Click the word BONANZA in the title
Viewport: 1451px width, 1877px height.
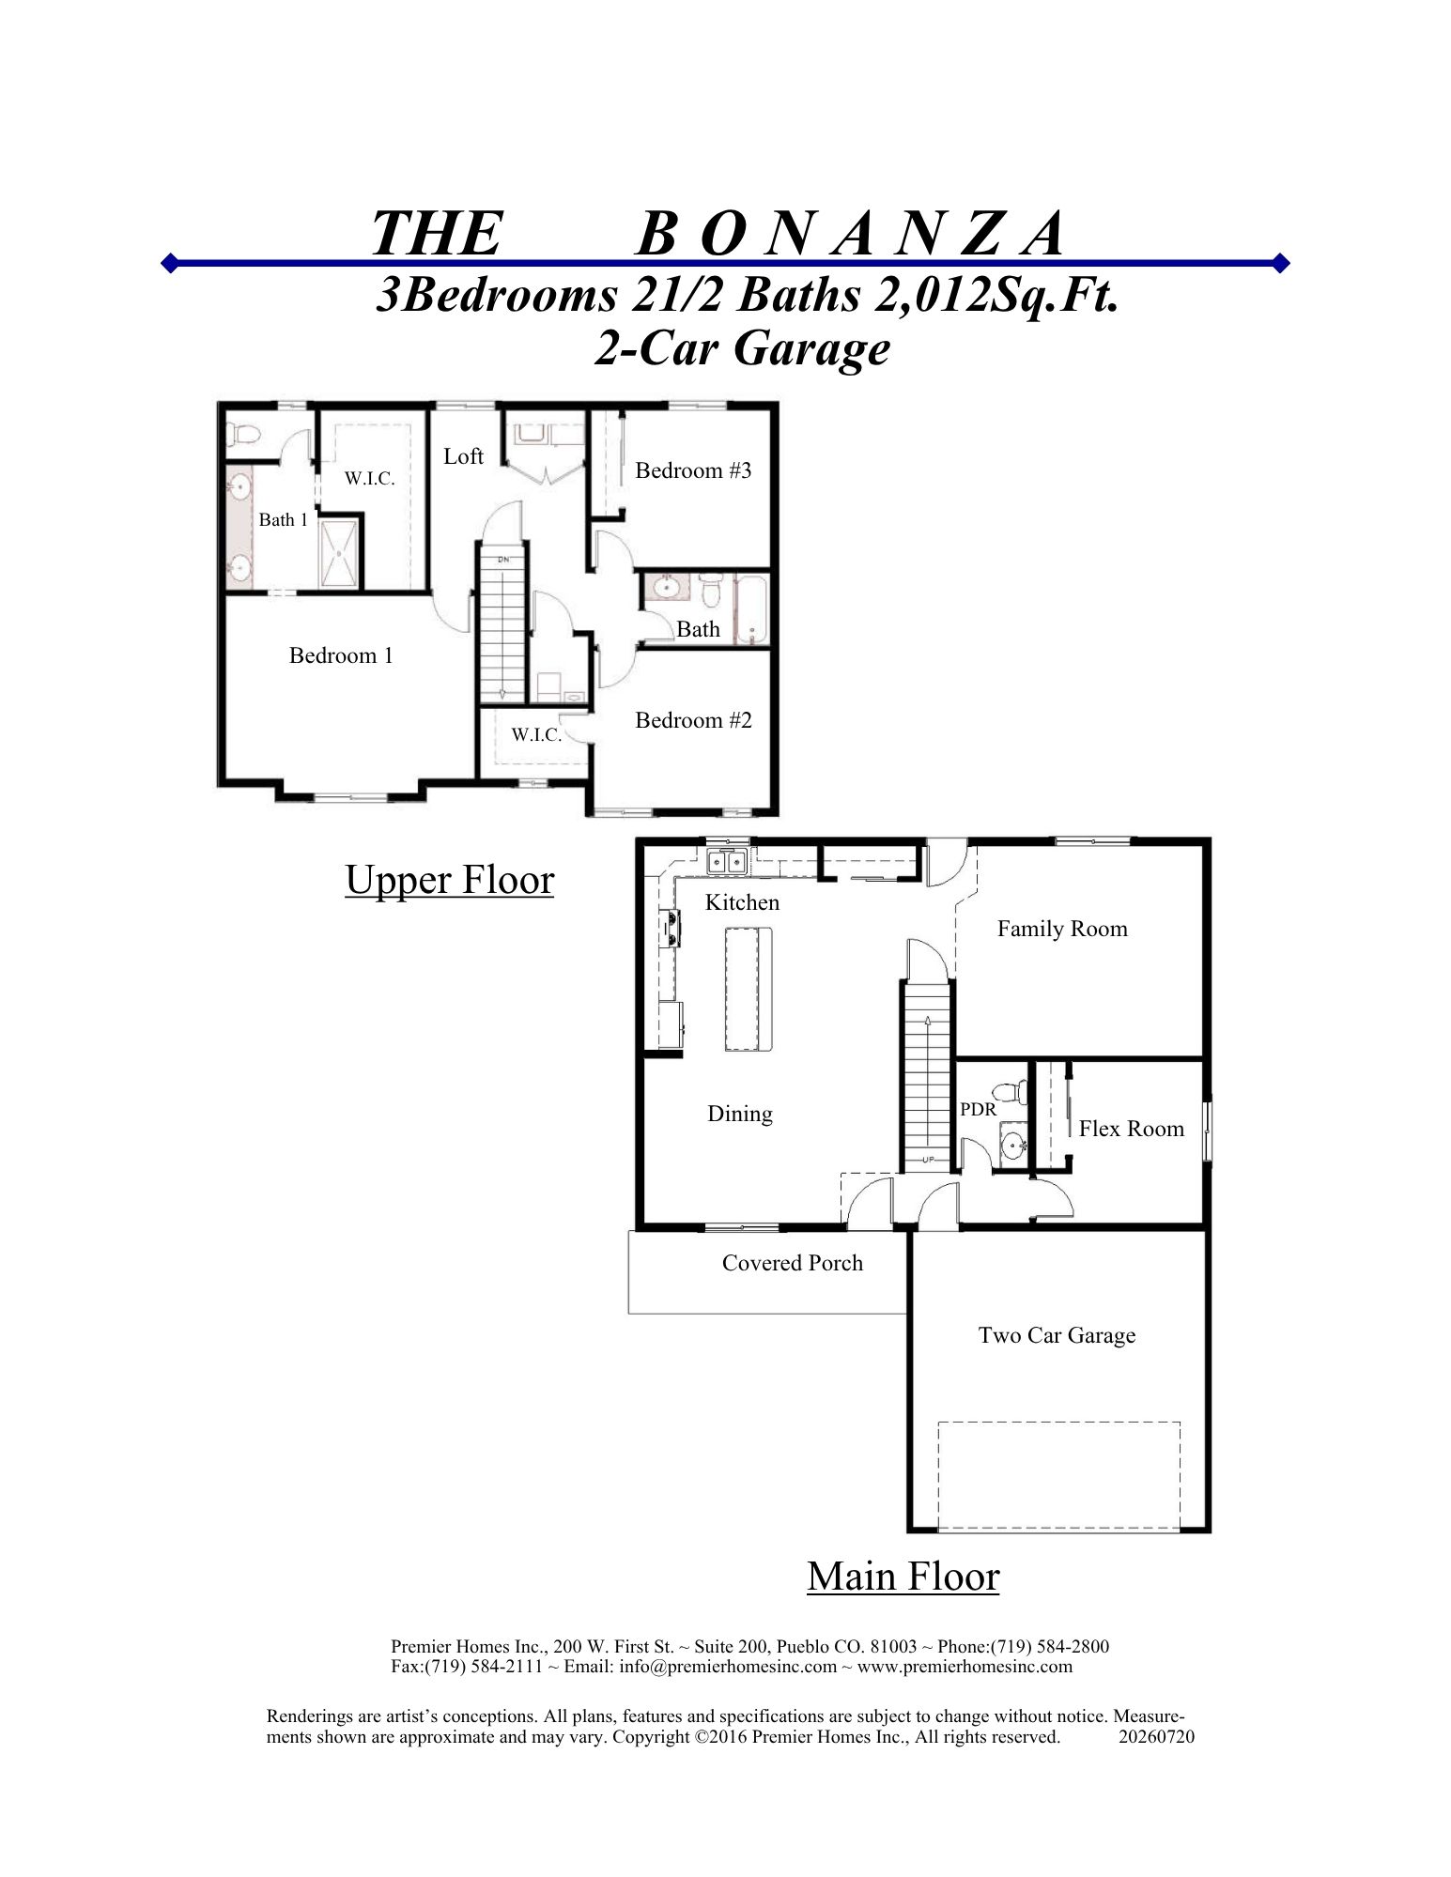tap(850, 234)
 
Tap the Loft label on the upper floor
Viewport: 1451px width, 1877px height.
tap(463, 456)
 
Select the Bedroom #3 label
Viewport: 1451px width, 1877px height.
tap(693, 470)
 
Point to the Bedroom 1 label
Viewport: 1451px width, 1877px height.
tap(341, 655)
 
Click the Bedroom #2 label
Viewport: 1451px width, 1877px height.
tap(693, 720)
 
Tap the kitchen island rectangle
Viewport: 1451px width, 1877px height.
tap(748, 989)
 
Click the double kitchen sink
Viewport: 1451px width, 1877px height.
tap(729, 860)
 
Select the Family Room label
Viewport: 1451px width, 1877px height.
tap(1062, 929)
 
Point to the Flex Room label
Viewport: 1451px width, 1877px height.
tap(1132, 1129)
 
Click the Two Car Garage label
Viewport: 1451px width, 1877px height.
tap(1057, 1335)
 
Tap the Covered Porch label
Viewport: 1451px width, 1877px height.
tap(793, 1263)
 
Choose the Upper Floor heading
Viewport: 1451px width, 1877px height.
tap(450, 881)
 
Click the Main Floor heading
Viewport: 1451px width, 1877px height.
tap(903, 1576)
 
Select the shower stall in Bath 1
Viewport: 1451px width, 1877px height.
tap(339, 553)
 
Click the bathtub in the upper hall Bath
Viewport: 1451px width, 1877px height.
tap(751, 610)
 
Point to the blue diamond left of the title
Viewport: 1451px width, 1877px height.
tap(170, 262)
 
